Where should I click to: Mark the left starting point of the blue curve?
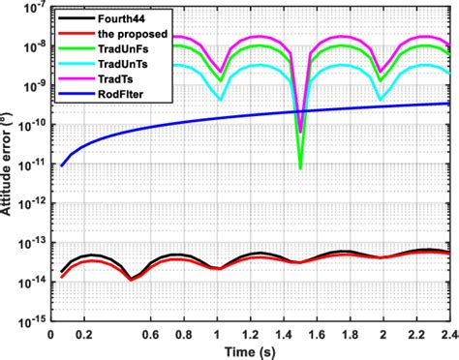62,165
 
